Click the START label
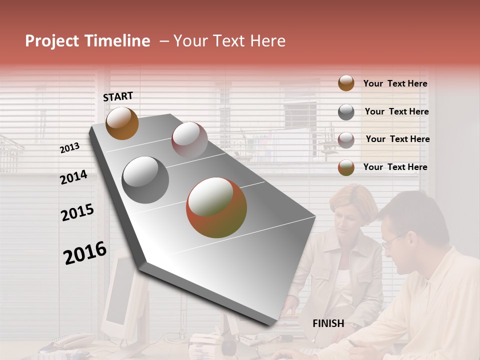point(118,96)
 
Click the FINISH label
point(328,323)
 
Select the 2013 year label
point(69,148)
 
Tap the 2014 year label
point(73,177)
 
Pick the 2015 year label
point(77,213)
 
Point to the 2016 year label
point(84,253)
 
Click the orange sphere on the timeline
point(122,123)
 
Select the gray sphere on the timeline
point(145,180)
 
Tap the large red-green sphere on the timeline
point(216,207)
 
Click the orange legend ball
point(346,83)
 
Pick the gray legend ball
point(346,112)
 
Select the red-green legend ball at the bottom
point(346,167)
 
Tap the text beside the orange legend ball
point(395,84)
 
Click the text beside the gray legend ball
point(396,111)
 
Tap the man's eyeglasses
point(392,241)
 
